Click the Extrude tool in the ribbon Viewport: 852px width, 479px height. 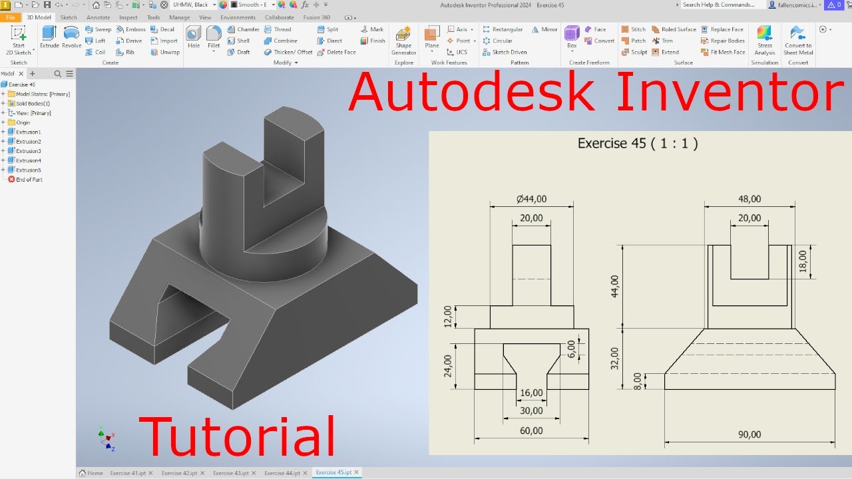[49, 37]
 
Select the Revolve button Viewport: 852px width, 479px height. [71, 37]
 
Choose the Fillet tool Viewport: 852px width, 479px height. [213, 37]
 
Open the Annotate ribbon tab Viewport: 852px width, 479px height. [97, 17]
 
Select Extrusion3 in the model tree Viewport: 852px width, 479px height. [28, 151]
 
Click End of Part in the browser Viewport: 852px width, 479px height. [29, 180]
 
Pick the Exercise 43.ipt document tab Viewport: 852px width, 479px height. [230, 473]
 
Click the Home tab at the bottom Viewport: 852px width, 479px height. [91, 473]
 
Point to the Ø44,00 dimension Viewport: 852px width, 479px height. [531, 198]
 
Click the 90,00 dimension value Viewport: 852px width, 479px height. [749, 434]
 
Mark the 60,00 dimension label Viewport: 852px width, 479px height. [531, 430]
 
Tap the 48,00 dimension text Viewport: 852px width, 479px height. [749, 199]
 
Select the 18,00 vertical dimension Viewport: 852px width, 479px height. [802, 261]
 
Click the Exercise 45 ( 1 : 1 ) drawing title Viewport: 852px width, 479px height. [637, 143]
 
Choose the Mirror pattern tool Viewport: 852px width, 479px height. [545, 29]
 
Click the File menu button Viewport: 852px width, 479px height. [10, 17]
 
